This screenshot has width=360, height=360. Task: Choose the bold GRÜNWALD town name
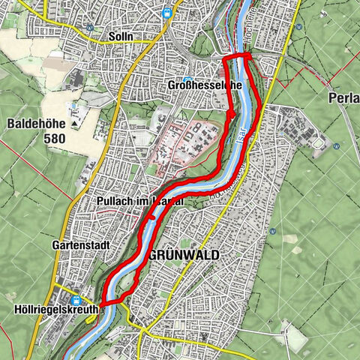[184, 256]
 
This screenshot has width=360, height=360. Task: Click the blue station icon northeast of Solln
[176, 11]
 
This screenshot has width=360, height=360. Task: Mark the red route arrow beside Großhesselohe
[232, 114]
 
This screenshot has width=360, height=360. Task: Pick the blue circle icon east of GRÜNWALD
[284, 326]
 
